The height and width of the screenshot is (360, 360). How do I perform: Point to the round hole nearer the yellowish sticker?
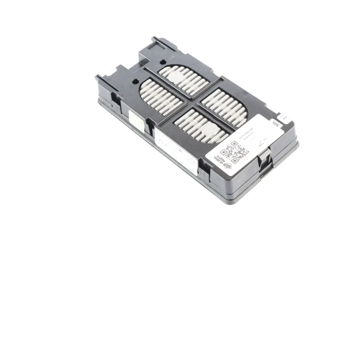point(136,81)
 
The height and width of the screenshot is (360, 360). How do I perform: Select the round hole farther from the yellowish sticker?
point(163,62)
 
